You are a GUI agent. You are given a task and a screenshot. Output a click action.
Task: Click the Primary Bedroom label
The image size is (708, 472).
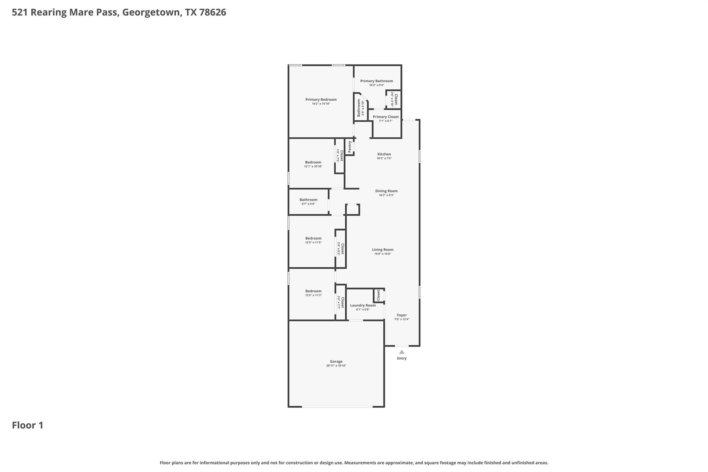click(321, 100)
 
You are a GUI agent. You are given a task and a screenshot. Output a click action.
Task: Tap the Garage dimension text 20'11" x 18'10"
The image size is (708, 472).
click(336, 365)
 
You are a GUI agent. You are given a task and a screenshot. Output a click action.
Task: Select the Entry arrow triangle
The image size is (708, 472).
click(402, 352)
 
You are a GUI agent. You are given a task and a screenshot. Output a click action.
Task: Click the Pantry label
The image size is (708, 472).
click(350, 147)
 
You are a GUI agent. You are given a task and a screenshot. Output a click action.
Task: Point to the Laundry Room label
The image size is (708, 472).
click(363, 305)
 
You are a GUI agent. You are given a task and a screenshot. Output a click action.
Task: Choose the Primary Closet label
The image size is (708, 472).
click(385, 117)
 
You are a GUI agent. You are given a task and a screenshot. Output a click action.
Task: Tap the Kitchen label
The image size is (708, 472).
click(384, 154)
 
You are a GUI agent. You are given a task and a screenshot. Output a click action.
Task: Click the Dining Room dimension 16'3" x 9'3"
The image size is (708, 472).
click(386, 195)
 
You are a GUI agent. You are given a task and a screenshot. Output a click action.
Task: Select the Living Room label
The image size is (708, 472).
click(382, 250)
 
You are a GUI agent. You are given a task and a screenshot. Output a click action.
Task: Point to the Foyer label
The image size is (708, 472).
click(402, 315)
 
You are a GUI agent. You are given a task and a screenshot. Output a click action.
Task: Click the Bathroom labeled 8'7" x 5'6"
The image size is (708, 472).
click(308, 200)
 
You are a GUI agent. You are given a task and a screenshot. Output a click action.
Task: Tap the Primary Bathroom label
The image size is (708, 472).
click(376, 81)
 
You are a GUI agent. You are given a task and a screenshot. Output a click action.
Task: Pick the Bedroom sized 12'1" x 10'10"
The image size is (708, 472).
click(313, 162)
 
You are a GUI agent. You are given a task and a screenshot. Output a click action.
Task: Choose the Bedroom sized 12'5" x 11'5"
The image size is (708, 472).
click(313, 238)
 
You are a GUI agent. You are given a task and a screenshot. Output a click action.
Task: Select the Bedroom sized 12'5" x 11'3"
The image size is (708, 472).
click(313, 291)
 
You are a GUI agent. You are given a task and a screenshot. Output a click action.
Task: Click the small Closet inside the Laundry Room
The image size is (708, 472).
click(379, 295)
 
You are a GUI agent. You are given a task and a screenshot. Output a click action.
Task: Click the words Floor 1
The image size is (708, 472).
click(28, 425)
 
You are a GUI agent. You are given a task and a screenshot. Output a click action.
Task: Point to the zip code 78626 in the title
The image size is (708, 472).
click(213, 12)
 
